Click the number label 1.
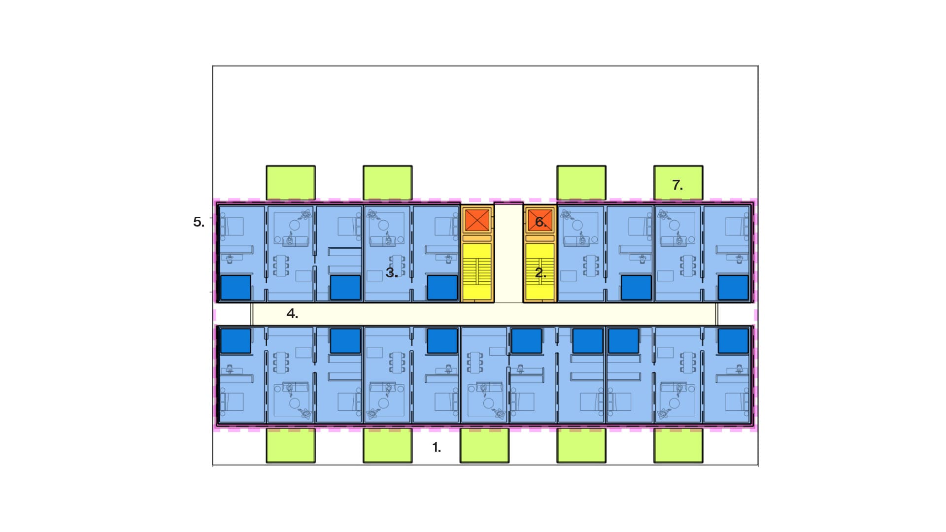(436, 447)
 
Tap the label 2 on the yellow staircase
(541, 273)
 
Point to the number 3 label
(392, 273)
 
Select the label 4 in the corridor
(292, 314)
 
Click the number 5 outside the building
(199, 222)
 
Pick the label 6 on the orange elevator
(541, 222)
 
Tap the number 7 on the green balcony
(677, 185)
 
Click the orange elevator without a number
(477, 220)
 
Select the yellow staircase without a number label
(477, 272)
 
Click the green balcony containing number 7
(678, 183)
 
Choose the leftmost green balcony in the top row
(291, 183)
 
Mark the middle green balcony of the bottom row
(484, 445)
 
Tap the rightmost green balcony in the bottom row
(678, 445)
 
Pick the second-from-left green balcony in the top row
(388, 183)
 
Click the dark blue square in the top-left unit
(236, 288)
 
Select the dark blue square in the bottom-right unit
(733, 341)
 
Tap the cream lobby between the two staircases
(508, 253)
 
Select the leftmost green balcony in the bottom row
(291, 445)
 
